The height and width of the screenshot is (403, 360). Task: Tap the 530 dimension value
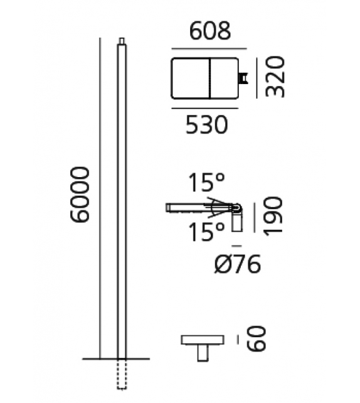(x=206, y=126)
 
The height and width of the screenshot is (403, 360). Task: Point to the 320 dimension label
(x=274, y=77)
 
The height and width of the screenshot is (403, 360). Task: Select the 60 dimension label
(x=255, y=340)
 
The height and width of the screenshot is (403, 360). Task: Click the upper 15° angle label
(x=208, y=184)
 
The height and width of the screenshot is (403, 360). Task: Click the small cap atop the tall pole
(x=122, y=41)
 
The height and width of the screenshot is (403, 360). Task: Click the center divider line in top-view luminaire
(x=209, y=78)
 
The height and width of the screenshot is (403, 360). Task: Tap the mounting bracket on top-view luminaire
(x=243, y=78)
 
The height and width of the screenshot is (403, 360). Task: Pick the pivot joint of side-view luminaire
(x=237, y=208)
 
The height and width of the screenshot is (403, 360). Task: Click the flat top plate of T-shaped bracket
(x=202, y=340)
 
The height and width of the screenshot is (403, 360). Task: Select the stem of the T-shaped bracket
(x=202, y=353)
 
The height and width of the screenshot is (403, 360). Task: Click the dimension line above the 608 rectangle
(x=209, y=48)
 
